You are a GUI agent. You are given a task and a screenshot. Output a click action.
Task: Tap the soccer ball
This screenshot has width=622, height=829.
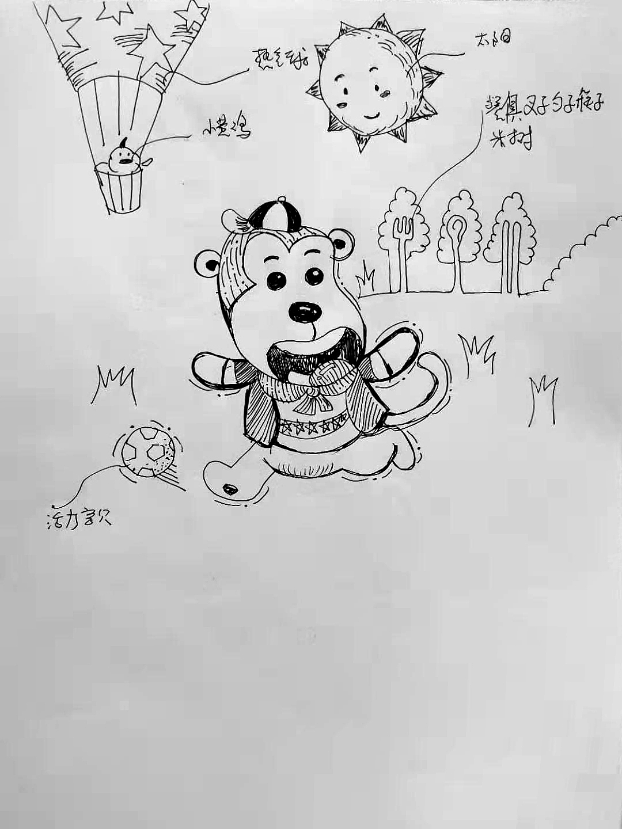148,451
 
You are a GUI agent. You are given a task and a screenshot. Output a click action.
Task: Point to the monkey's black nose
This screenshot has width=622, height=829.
305,311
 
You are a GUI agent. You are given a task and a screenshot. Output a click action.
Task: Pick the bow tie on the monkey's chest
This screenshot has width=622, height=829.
312,391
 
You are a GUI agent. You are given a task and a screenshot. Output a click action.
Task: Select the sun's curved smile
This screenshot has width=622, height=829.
374,115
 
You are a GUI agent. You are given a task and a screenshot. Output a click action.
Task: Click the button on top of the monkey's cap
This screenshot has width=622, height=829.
282,200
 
